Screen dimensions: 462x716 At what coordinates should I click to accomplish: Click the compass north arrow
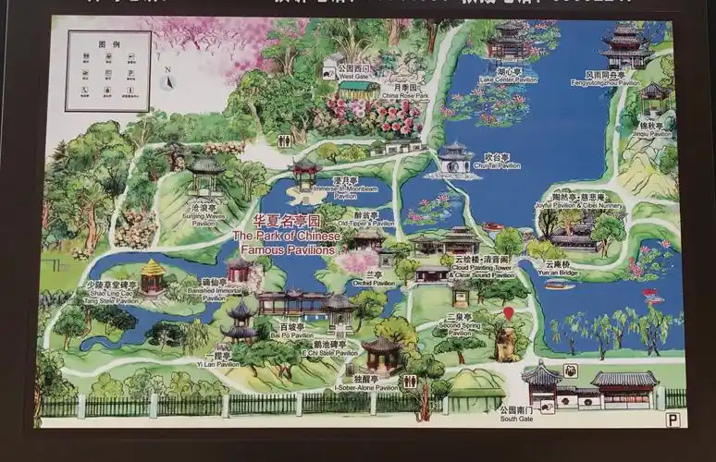168,79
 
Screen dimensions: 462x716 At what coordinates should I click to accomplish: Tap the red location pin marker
508,314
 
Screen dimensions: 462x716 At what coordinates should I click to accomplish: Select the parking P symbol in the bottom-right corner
673,419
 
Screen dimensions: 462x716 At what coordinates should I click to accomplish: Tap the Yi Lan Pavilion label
223,360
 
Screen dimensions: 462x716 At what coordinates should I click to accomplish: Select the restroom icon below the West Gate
285,140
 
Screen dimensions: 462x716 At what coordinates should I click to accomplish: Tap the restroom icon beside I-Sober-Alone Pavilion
409,381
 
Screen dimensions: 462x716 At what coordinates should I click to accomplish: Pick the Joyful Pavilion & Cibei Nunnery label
579,202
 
